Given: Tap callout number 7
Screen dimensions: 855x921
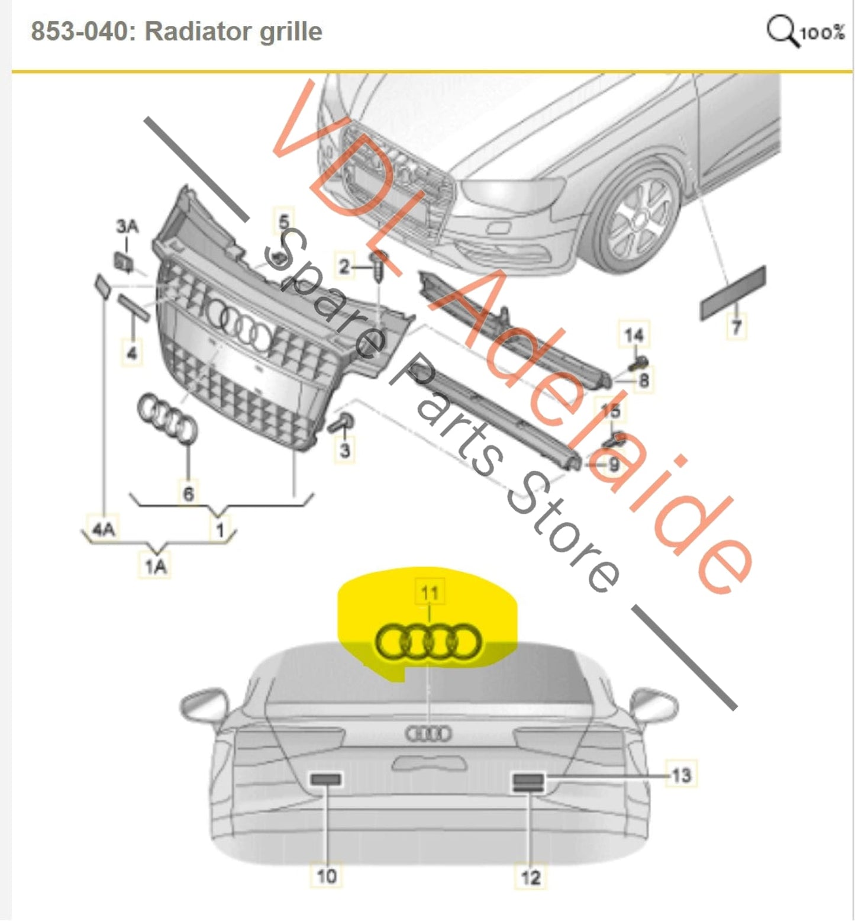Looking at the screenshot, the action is point(736,326).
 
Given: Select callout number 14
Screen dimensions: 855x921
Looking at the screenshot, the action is point(634,335).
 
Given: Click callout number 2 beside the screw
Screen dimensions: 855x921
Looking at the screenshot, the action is point(344,266).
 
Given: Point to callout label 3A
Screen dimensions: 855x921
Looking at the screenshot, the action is point(127,226).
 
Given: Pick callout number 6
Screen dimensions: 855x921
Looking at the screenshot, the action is point(189,494).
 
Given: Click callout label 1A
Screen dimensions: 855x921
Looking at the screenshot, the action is point(156,566).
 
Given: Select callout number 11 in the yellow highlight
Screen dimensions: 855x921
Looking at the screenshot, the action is point(430,592).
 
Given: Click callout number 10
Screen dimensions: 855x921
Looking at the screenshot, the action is point(327,875).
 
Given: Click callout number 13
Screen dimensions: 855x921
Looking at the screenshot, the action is point(681,775).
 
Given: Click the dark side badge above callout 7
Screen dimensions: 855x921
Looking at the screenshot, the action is point(733,294).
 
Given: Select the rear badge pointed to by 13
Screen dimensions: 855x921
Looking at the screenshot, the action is point(528,782).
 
